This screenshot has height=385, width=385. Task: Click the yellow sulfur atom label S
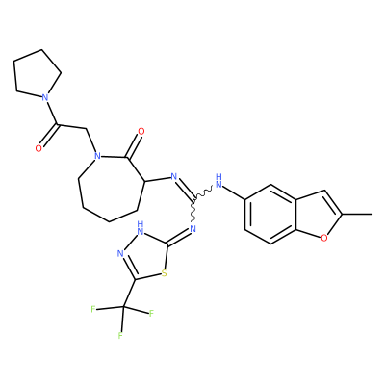(x=165, y=273)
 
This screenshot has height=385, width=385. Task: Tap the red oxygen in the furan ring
(x=324, y=238)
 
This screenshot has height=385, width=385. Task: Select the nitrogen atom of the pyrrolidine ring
(x=45, y=97)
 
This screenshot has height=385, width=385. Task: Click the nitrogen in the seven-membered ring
(x=97, y=156)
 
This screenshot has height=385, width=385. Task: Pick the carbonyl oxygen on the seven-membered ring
(x=141, y=131)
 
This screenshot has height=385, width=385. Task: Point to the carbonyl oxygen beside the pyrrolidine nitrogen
(x=38, y=148)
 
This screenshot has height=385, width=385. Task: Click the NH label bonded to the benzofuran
(x=219, y=181)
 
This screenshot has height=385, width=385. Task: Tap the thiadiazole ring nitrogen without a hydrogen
(x=120, y=254)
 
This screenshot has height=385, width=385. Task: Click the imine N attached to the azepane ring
(x=174, y=176)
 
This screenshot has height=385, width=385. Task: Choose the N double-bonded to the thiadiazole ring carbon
(x=192, y=229)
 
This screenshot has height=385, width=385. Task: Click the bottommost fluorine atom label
(x=120, y=336)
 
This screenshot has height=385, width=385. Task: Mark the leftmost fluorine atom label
(x=93, y=309)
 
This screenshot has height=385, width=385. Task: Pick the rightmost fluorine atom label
(x=151, y=314)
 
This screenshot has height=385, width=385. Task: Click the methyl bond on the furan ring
(x=356, y=214)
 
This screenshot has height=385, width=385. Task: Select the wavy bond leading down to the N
(x=193, y=211)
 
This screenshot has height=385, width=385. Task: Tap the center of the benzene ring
(x=270, y=214)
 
